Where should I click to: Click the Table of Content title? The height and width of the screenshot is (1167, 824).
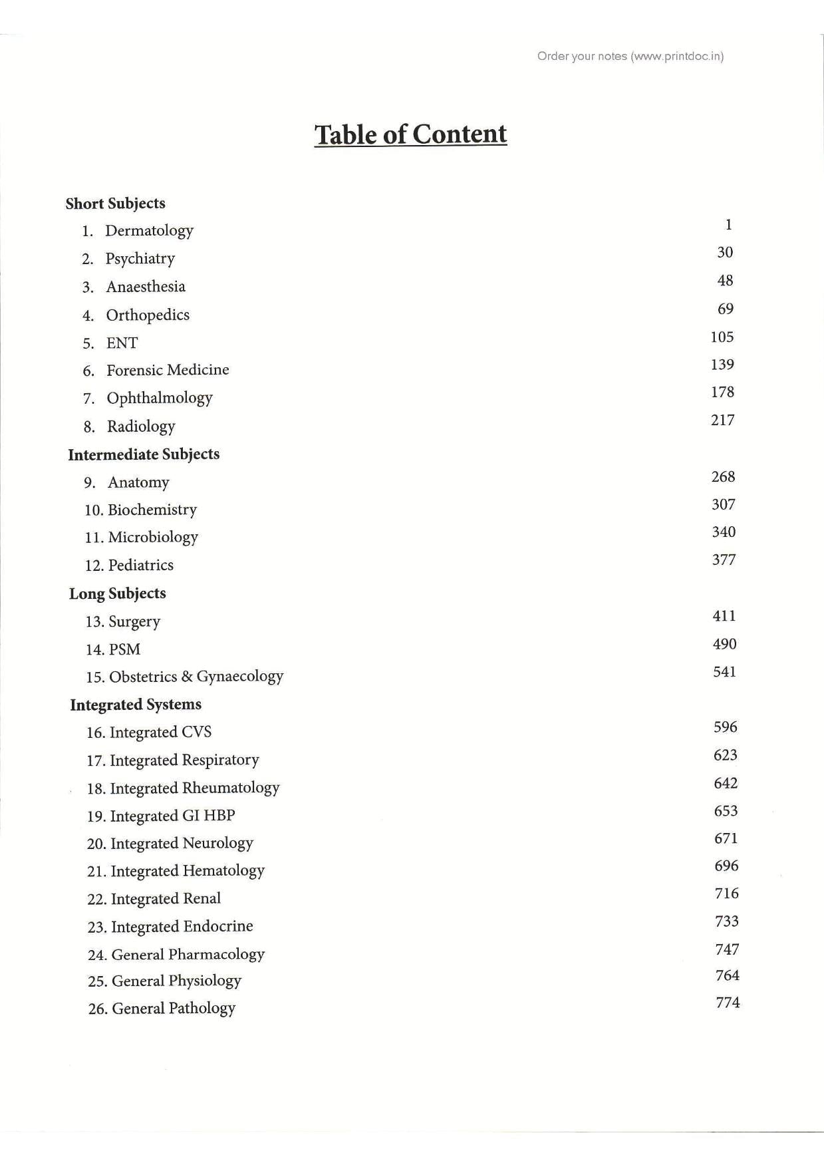coord(410,134)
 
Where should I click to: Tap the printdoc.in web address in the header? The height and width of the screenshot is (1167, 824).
coord(678,57)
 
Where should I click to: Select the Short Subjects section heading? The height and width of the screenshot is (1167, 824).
coord(115,204)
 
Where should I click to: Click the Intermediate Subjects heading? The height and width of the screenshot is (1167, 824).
coord(144,454)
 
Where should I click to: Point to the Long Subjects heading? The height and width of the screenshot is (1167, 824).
coord(117,593)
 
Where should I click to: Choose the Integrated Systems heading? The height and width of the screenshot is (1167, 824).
coord(136,705)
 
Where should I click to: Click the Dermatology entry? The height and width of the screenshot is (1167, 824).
coord(149,231)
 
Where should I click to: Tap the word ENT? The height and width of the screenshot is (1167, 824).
coord(122,343)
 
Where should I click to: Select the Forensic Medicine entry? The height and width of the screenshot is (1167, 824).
coord(168,370)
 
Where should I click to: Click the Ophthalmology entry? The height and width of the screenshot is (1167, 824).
coord(160,398)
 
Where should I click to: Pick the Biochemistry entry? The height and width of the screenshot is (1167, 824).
coord(152,510)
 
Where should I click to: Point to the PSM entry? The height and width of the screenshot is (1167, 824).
coord(124,649)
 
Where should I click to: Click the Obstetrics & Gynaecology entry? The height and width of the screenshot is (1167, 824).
coord(196,677)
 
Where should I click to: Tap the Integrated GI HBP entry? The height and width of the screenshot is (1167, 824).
coord(172,816)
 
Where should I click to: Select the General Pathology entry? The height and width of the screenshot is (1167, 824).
coord(174,1008)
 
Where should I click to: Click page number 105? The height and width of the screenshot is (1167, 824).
coord(722,337)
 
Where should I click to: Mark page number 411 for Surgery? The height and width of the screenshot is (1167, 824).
coord(724,616)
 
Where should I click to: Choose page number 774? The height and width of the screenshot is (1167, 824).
coord(728,1003)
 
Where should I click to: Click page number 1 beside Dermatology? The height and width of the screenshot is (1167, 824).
coord(728,225)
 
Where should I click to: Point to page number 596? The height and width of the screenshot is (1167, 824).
coord(725,727)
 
